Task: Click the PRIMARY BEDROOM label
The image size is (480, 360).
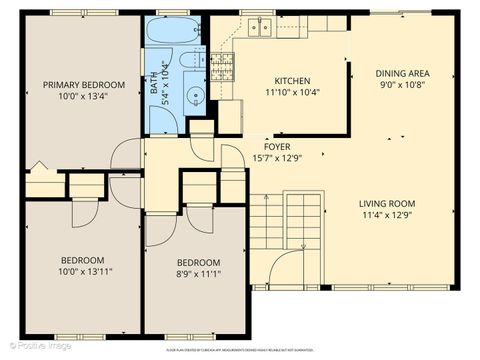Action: (84, 84)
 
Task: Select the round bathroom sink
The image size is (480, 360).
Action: (196, 97)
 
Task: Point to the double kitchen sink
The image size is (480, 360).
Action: (261, 27)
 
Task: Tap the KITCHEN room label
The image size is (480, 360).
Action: (292, 81)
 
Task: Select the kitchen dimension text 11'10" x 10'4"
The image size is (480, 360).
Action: (292, 92)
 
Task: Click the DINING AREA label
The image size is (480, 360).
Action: (402, 73)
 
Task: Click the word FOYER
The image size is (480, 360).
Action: (278, 146)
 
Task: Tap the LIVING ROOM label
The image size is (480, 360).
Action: (386, 202)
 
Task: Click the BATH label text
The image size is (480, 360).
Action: (155, 88)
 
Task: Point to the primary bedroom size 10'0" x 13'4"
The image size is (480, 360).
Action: (84, 96)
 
